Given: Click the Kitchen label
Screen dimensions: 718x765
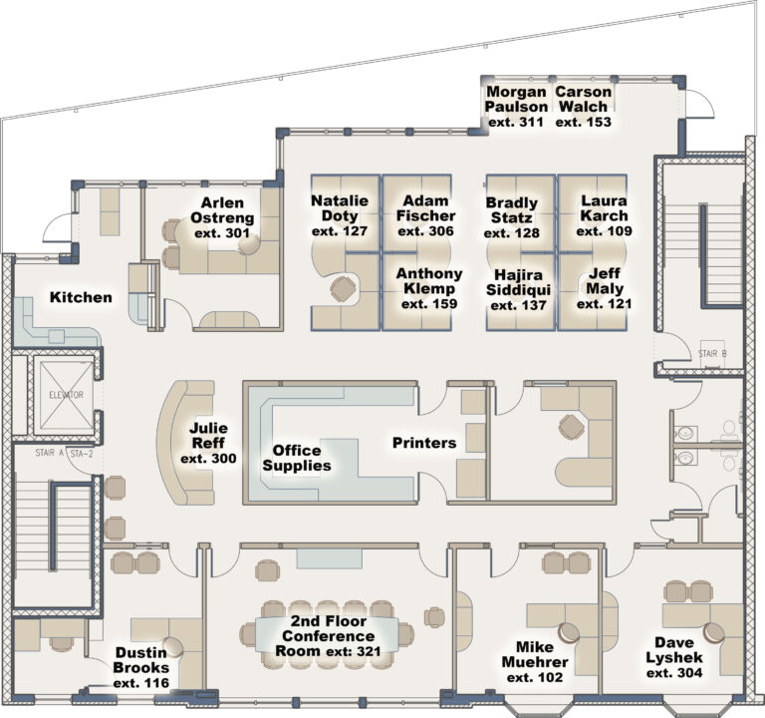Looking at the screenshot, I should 82,297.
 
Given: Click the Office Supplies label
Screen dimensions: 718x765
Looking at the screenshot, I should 296,458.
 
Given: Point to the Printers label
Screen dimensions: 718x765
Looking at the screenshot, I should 423,443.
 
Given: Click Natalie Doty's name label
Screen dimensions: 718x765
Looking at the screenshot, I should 340,208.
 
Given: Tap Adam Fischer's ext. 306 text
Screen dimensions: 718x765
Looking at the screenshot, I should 425,231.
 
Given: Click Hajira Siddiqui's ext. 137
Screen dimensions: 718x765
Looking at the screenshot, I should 514,305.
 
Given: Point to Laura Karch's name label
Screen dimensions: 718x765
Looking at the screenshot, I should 604,208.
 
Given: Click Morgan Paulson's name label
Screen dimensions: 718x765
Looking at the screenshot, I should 516,100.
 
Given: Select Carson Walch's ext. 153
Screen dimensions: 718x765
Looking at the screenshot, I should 583,122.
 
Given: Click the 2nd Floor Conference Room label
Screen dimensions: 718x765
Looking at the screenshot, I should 327,635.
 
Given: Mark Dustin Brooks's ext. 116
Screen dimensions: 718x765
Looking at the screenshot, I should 140,683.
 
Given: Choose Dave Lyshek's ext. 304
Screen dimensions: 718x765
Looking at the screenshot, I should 673,673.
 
